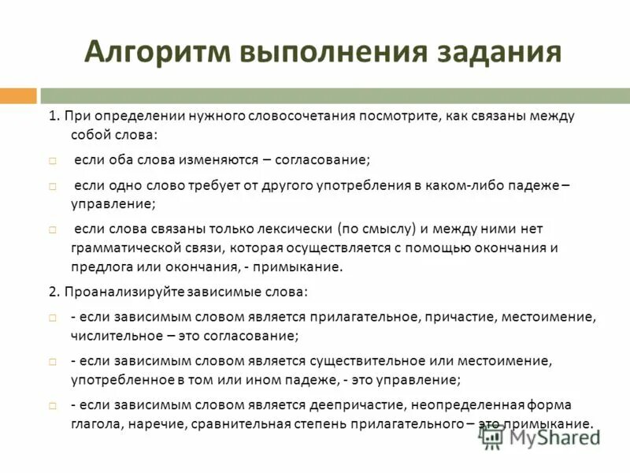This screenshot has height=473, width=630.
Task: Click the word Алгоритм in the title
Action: pyautogui.click(x=154, y=52)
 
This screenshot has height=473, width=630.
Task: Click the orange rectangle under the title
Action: pyautogui.click(x=18, y=96)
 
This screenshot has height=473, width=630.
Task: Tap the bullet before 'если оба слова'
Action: pyautogui.click(x=52, y=160)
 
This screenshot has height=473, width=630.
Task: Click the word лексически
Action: pyautogui.click(x=293, y=229)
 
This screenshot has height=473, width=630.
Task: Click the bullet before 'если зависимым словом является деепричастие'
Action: pyautogui.click(x=52, y=406)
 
